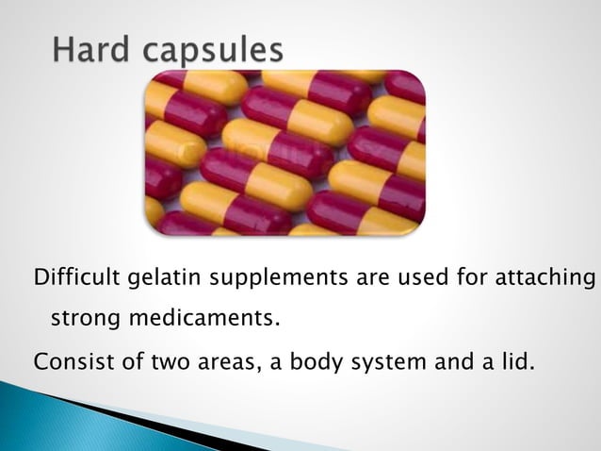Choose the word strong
click(x=80, y=320)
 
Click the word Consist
click(x=65, y=360)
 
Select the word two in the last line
click(x=158, y=360)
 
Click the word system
click(x=369, y=361)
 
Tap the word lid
click(x=515, y=360)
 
